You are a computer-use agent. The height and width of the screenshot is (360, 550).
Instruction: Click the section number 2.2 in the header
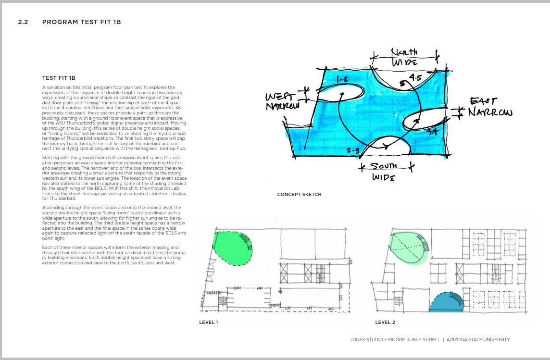(x=24, y=22)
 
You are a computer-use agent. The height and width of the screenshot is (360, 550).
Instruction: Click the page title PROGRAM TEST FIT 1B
(x=85, y=22)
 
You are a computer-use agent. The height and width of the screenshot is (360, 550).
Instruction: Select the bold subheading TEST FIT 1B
(x=59, y=78)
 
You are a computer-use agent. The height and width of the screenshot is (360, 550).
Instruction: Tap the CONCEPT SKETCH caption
(x=299, y=195)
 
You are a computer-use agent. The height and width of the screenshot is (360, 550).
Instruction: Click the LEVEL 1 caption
(x=209, y=322)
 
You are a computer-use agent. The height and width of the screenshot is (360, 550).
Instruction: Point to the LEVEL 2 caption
(x=386, y=322)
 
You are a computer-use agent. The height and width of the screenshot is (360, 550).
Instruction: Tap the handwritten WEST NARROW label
(x=283, y=100)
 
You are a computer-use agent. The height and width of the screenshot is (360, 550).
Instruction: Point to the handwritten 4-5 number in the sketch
(x=415, y=77)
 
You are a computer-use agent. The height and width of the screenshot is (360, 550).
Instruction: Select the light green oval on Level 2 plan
(x=409, y=248)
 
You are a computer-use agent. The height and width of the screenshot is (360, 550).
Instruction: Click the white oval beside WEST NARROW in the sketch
(x=340, y=93)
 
